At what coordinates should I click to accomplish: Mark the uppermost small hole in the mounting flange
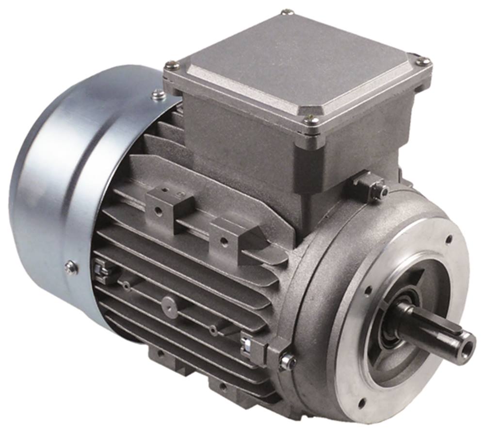pos(449,239)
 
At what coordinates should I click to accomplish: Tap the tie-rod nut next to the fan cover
pos(99,268)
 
